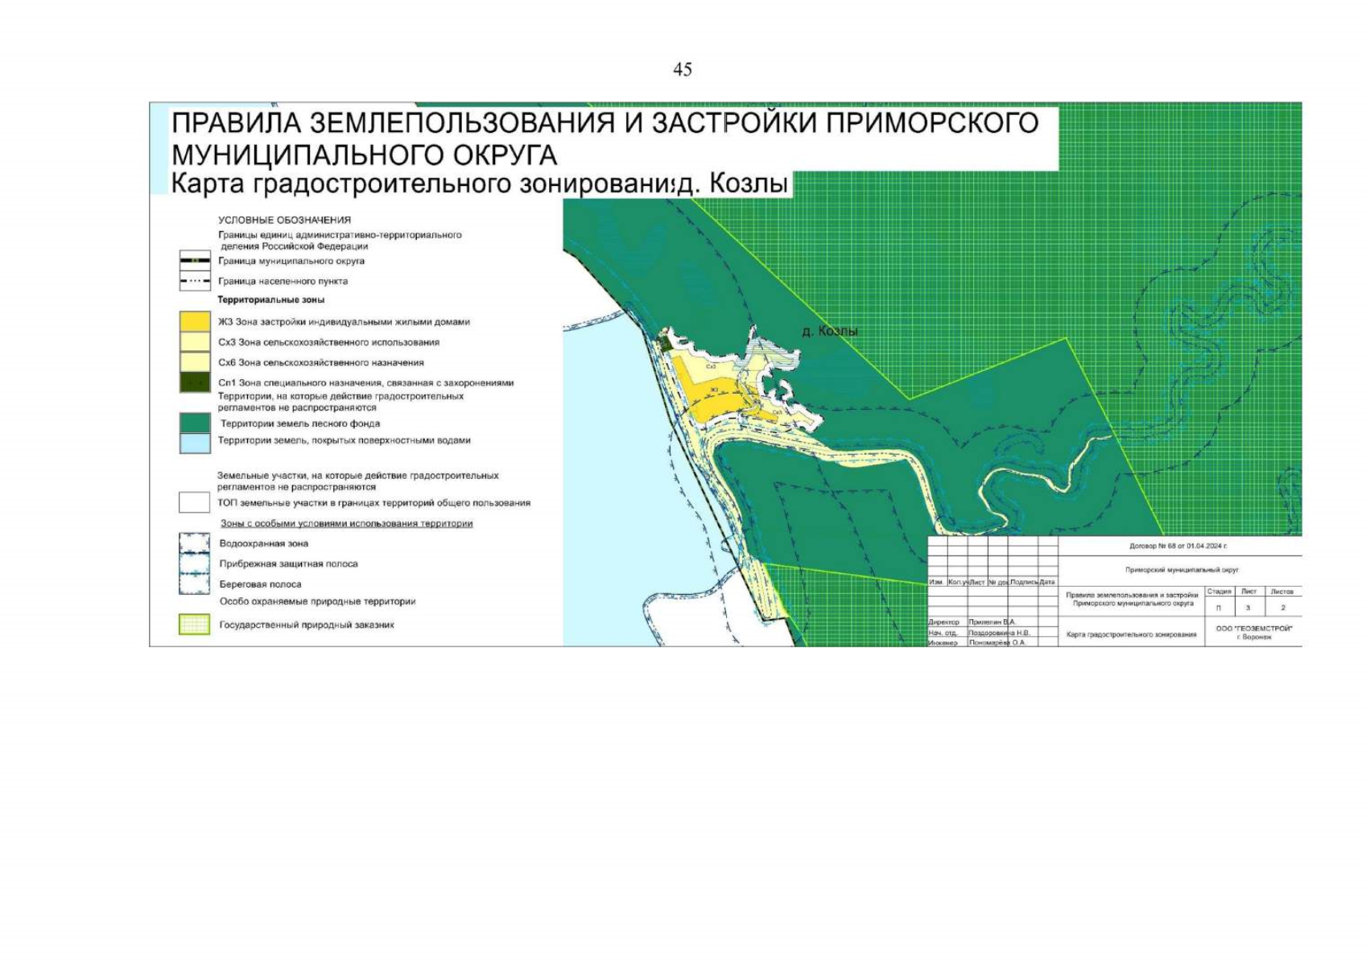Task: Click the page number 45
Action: coord(682,70)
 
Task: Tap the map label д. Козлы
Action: coord(830,331)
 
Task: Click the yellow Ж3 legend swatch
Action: coord(195,321)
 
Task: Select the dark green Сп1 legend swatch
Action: coord(195,382)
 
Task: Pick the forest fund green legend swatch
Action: coord(195,423)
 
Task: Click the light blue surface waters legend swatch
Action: coord(195,443)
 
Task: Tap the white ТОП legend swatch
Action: coord(195,502)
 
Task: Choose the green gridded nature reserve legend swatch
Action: coord(195,625)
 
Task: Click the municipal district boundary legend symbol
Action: coord(195,261)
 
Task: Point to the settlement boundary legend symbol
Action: coord(195,281)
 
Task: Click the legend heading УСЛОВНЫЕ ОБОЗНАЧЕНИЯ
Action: coord(284,220)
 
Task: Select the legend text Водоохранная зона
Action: coord(264,543)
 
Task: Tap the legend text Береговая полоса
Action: coord(260,584)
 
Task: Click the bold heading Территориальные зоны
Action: coord(271,299)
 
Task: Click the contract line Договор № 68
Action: coord(1178,546)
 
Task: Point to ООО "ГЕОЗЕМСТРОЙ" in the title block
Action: coord(1253,628)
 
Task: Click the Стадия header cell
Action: coord(1219,592)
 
